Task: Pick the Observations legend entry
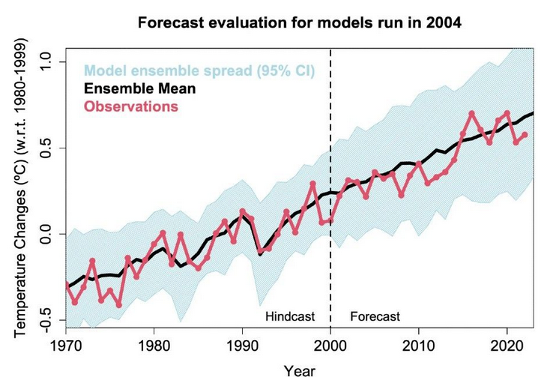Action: click(x=131, y=106)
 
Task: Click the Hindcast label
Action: click(x=290, y=316)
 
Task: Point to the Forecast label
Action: click(x=375, y=316)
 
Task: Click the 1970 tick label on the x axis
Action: click(x=66, y=348)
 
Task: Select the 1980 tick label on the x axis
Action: click(x=154, y=348)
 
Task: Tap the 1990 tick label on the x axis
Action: click(x=242, y=348)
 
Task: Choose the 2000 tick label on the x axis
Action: click(x=330, y=348)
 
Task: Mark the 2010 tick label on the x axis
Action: click(x=418, y=348)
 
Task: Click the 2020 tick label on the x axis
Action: click(x=507, y=348)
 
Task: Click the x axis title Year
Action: click(x=303, y=369)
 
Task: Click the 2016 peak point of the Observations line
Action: click(x=471, y=114)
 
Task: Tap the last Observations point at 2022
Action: click(x=525, y=135)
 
